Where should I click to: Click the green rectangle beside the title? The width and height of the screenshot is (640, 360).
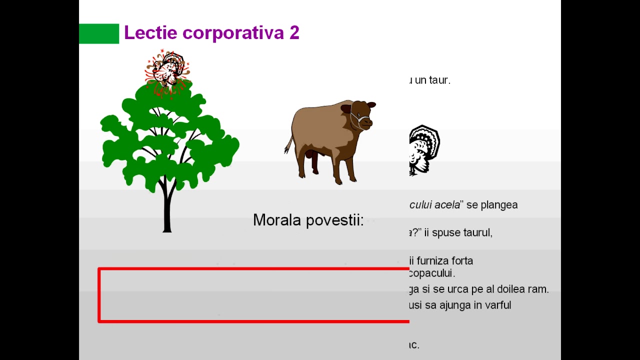point(99,33)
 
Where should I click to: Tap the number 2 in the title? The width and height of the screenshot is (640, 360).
point(294,33)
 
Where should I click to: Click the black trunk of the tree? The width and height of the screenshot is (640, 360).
point(167,210)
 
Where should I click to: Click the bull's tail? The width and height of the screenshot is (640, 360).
point(289,144)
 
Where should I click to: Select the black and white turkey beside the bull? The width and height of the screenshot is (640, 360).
point(424,148)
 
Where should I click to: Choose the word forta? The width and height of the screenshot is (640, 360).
point(462,260)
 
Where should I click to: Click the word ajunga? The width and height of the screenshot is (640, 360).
point(453,304)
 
